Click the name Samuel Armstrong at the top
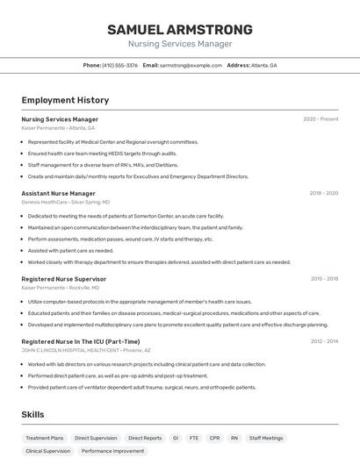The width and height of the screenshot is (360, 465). (180, 29)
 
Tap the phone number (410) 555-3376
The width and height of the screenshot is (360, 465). (119, 65)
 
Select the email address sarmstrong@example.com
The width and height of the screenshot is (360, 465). (191, 65)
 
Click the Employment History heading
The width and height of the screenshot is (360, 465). (65, 100)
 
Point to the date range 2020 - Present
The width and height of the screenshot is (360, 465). (320, 119)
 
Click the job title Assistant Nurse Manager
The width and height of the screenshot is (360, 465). (58, 193)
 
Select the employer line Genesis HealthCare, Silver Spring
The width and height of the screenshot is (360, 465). (66, 202)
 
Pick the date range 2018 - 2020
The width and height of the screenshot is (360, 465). (323, 193)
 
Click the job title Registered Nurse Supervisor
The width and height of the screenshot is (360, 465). (63, 279)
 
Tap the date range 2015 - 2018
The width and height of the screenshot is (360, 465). (323, 279)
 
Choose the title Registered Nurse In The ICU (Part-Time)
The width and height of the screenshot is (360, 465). (80, 341)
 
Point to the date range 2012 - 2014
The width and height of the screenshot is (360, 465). (323, 341)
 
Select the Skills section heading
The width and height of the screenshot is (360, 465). (33, 414)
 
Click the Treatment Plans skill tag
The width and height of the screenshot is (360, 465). (45, 437)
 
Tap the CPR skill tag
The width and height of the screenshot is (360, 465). (214, 437)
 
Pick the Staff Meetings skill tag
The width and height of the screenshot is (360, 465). (266, 437)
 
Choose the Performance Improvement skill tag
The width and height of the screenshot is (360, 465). (112, 451)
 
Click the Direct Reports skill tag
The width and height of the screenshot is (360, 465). (145, 437)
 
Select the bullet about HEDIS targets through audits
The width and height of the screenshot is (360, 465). (102, 154)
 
